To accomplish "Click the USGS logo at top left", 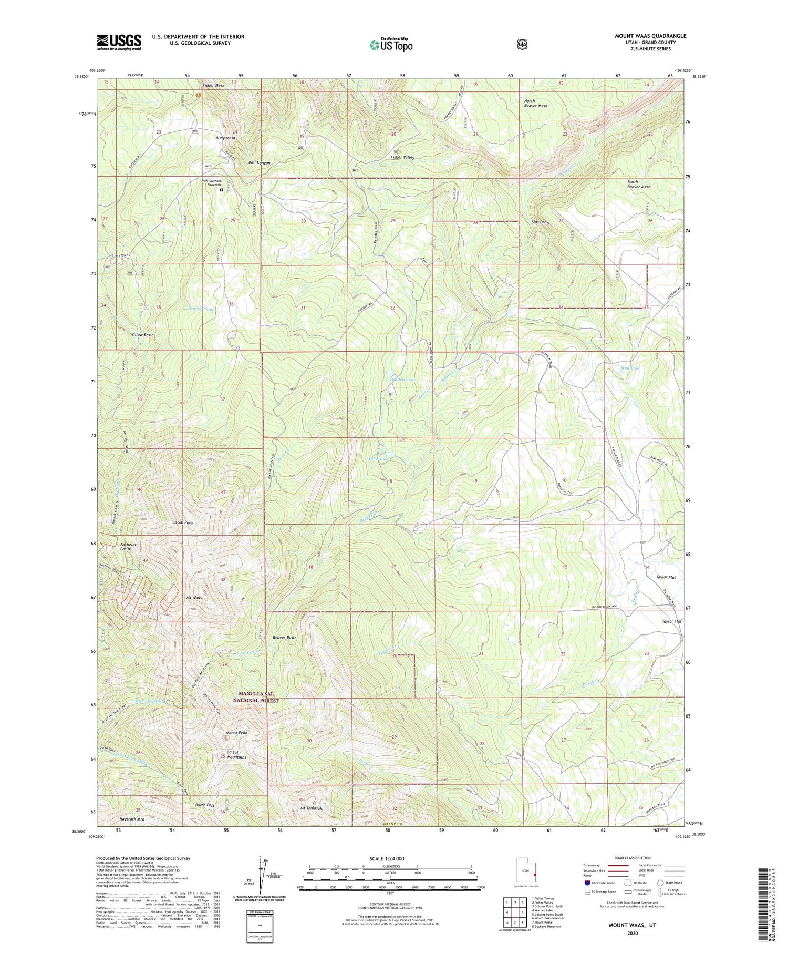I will pos(119,42).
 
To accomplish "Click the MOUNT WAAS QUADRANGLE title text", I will pos(650,36).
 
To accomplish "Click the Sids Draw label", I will pos(541,222).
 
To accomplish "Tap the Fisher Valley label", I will pos(402,157).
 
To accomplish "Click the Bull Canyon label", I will pos(260,163).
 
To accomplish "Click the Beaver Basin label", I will pos(284,638).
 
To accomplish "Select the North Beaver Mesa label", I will pos(535,103).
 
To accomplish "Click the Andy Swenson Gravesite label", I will pos(220,183).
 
